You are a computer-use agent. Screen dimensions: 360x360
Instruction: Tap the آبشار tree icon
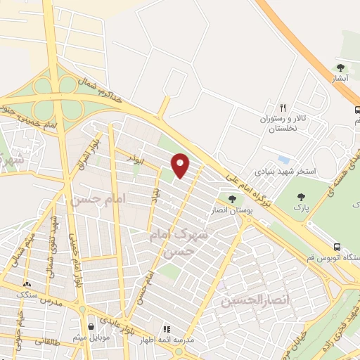point(341,67)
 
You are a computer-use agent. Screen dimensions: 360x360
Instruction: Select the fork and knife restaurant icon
point(283,108)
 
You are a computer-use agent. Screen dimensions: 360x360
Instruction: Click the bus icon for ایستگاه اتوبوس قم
point(337,247)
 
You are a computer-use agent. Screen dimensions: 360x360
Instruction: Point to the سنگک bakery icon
point(26,283)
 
